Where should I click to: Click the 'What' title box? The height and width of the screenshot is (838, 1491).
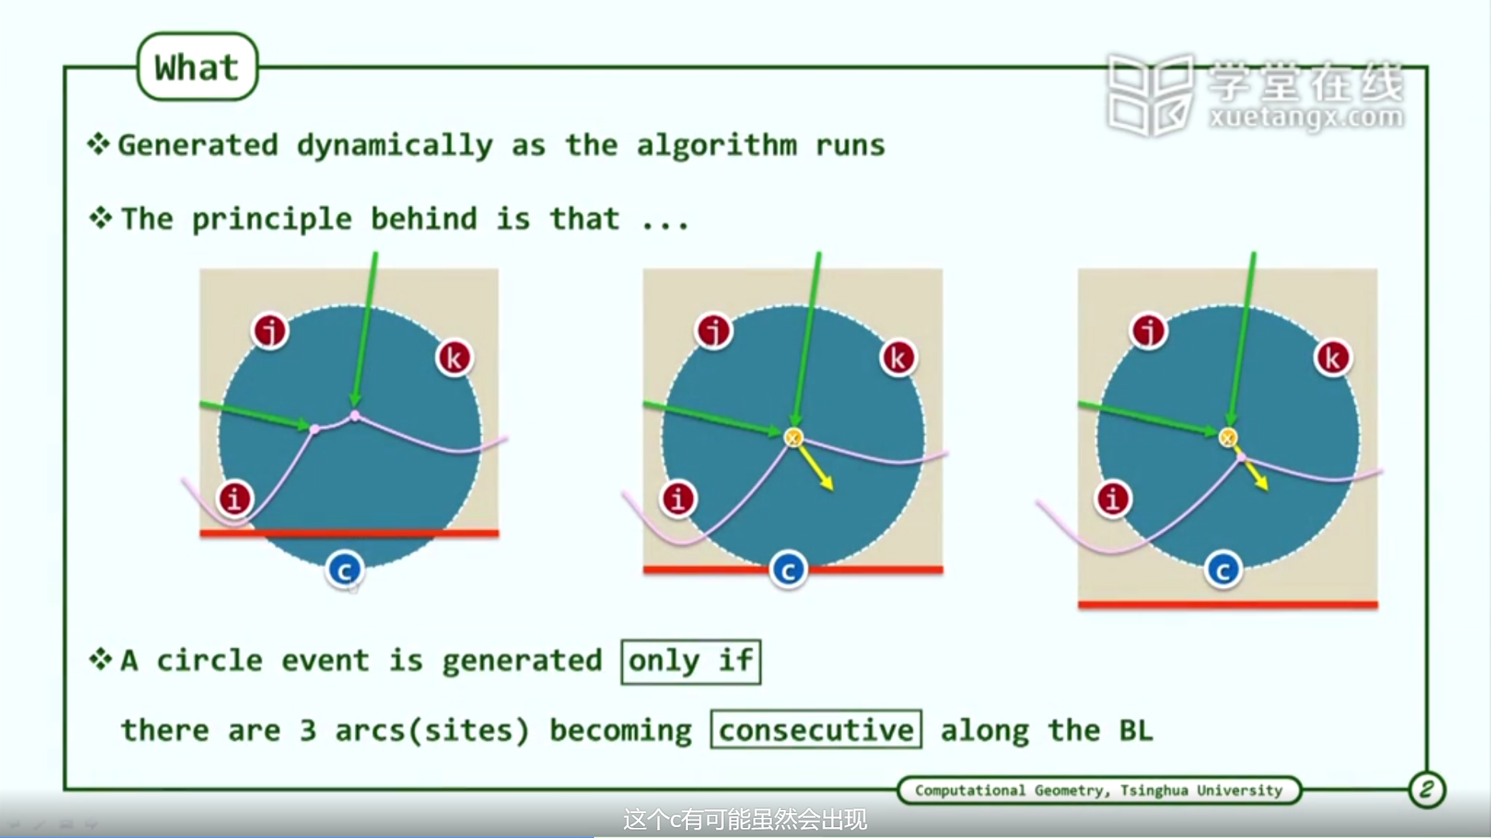coord(197,67)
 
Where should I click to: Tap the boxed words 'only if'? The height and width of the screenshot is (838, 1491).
coord(690,662)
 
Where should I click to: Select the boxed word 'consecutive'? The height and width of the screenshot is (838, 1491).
coord(816,729)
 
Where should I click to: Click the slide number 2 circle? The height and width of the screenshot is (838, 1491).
coord(1427,790)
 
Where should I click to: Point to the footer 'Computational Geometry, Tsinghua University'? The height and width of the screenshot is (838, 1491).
coord(1099,790)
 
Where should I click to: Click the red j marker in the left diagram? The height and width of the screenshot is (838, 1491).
coord(270,331)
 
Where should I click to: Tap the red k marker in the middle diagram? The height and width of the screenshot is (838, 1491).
coord(898,358)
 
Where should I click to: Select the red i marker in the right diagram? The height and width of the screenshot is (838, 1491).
coord(1113,498)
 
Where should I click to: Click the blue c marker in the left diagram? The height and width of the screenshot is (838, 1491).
coord(344,570)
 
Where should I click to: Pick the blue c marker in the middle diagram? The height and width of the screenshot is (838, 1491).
coord(788,570)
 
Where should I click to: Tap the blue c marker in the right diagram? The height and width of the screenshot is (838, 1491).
coord(1223,570)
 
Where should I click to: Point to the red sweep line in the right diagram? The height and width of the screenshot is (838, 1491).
coord(1228,604)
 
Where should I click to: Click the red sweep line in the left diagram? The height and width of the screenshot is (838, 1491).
coord(349,533)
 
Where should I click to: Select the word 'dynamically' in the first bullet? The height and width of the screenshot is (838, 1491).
coord(394,146)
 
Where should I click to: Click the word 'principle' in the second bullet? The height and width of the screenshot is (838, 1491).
coord(272,220)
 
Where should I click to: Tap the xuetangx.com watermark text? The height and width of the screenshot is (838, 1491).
coord(1306,117)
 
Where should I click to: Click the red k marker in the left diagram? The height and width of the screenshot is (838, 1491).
coord(454,358)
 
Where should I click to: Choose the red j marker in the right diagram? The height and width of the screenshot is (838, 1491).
coord(1149,331)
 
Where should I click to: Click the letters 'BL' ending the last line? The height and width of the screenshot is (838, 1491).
coord(1136,730)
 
